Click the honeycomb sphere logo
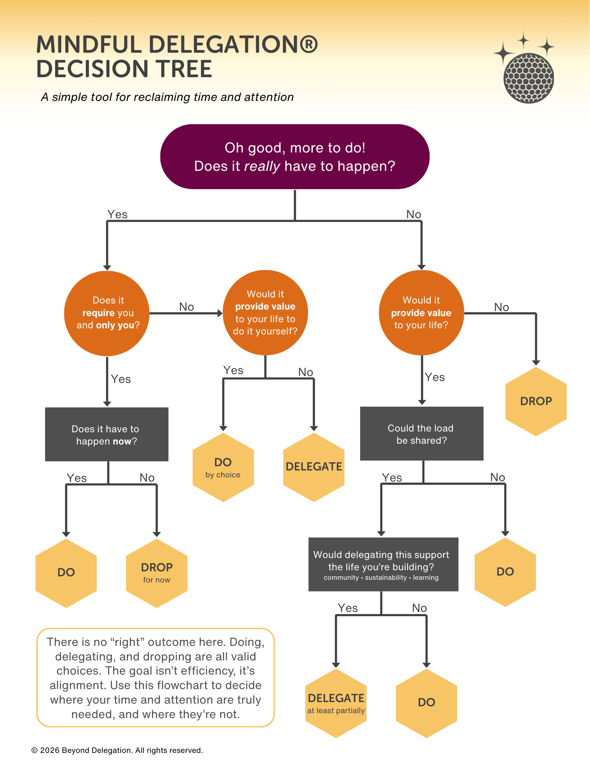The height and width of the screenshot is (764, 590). (529, 78)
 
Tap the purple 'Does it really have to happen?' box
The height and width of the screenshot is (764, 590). (294, 157)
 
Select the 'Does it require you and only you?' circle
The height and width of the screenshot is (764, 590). (107, 313)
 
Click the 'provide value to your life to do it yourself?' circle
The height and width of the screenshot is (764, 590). (265, 313)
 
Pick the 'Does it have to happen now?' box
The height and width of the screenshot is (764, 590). (107, 435)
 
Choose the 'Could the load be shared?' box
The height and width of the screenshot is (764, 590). (421, 434)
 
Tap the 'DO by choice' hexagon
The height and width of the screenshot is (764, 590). (223, 467)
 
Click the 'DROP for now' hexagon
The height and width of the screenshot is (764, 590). (157, 573)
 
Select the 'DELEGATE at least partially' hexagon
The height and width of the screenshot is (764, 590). (336, 703)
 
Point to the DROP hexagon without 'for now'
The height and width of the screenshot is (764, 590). (536, 401)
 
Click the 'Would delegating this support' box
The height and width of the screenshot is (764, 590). (383, 564)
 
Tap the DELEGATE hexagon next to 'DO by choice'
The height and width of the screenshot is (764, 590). (314, 467)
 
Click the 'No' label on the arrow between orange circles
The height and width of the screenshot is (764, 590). (186, 307)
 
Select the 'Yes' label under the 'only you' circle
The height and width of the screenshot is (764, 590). (121, 379)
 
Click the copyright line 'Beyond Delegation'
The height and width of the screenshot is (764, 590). (97, 750)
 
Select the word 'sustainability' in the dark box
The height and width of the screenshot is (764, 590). (386, 577)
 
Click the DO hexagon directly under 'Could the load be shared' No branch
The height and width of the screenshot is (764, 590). (505, 572)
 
